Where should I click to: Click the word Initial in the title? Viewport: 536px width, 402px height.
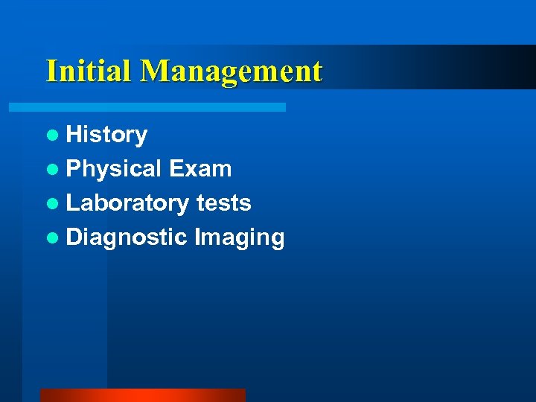tap(90, 71)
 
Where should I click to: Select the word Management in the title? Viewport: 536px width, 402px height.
tap(232, 71)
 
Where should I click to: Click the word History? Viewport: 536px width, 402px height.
tap(106, 135)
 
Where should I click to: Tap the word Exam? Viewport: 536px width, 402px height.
tap(200, 169)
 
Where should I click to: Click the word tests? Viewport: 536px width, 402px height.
tap(223, 203)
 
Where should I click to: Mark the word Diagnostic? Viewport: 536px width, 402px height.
tap(127, 237)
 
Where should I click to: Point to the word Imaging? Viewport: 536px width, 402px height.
tap(239, 238)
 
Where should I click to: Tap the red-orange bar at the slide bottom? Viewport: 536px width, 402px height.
tap(142, 395)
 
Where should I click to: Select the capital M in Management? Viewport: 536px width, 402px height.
tap(154, 71)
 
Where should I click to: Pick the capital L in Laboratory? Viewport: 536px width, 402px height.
tap(73, 202)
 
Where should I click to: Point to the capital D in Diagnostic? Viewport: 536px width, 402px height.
tap(74, 237)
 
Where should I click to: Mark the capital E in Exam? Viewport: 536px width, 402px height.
tap(176, 169)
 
